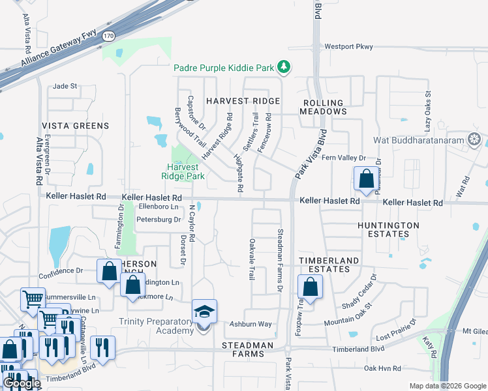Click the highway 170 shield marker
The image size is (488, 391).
(x=109, y=36)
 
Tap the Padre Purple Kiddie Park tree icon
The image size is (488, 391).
(x=284, y=66)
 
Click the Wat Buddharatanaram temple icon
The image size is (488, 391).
(x=474, y=139)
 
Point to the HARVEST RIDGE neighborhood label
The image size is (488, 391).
(x=243, y=101)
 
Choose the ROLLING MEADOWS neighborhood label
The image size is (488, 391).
(x=323, y=108)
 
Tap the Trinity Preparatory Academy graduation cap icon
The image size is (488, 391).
(x=204, y=312)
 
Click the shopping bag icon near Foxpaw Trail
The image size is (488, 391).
(x=311, y=286)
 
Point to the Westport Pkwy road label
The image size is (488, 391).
(x=348, y=47)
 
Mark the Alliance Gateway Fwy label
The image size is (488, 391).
(x=58, y=49)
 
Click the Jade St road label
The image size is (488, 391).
(x=65, y=86)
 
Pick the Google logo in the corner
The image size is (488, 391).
(x=21, y=383)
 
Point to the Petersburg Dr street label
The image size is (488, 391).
(x=158, y=220)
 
